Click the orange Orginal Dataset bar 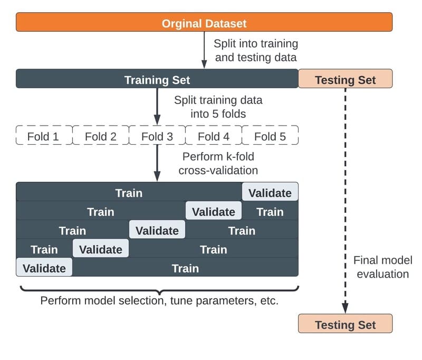[x=204, y=23]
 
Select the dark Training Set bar [x=157, y=80]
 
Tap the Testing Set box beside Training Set [x=345, y=80]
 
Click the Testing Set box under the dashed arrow [x=345, y=324]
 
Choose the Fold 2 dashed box [x=100, y=136]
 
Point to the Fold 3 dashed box [x=157, y=136]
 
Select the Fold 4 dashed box [x=214, y=136]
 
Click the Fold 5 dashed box [x=270, y=136]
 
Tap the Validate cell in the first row [x=270, y=193]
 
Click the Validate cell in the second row [x=214, y=212]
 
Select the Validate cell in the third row [x=157, y=231]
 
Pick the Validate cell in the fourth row [x=100, y=249]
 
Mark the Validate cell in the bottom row [x=44, y=268]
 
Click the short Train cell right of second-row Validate [x=270, y=212]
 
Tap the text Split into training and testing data [x=256, y=51]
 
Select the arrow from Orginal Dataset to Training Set [x=204, y=50]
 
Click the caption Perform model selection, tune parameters [x=159, y=302]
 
